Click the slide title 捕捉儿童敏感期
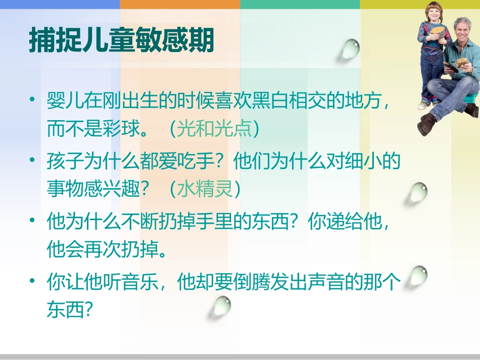tap(121, 40)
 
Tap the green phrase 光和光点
tap(214, 129)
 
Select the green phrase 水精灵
tap(205, 190)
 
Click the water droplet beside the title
tap(349, 49)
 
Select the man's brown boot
tap(427, 124)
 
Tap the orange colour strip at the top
tap(180, 4)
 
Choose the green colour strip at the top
tap(300, 4)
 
